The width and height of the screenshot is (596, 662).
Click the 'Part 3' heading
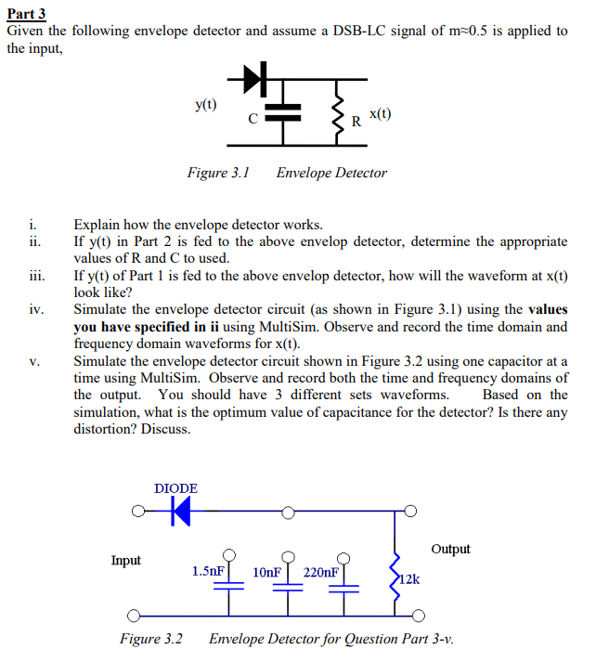click(x=26, y=13)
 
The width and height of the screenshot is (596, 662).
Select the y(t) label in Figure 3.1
click(x=206, y=104)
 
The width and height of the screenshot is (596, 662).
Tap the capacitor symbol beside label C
click(x=283, y=112)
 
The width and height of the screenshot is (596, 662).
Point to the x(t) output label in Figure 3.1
click(x=379, y=114)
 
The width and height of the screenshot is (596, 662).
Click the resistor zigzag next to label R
click(x=338, y=112)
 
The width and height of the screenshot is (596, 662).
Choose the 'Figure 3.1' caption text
click(x=218, y=173)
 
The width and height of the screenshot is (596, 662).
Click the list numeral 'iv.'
click(x=34, y=309)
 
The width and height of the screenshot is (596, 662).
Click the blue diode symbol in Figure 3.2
click(x=180, y=510)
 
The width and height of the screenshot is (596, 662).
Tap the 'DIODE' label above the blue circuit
click(x=175, y=487)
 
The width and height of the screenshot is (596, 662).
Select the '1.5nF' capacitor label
click(x=207, y=571)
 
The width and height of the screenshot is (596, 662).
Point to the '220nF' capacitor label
click(x=321, y=571)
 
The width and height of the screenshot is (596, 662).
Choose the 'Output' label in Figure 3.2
click(x=450, y=549)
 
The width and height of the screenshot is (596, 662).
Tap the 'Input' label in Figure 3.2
click(x=126, y=560)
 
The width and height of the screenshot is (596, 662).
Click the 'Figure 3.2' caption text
click(x=150, y=639)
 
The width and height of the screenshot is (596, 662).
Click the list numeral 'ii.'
click(x=33, y=241)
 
